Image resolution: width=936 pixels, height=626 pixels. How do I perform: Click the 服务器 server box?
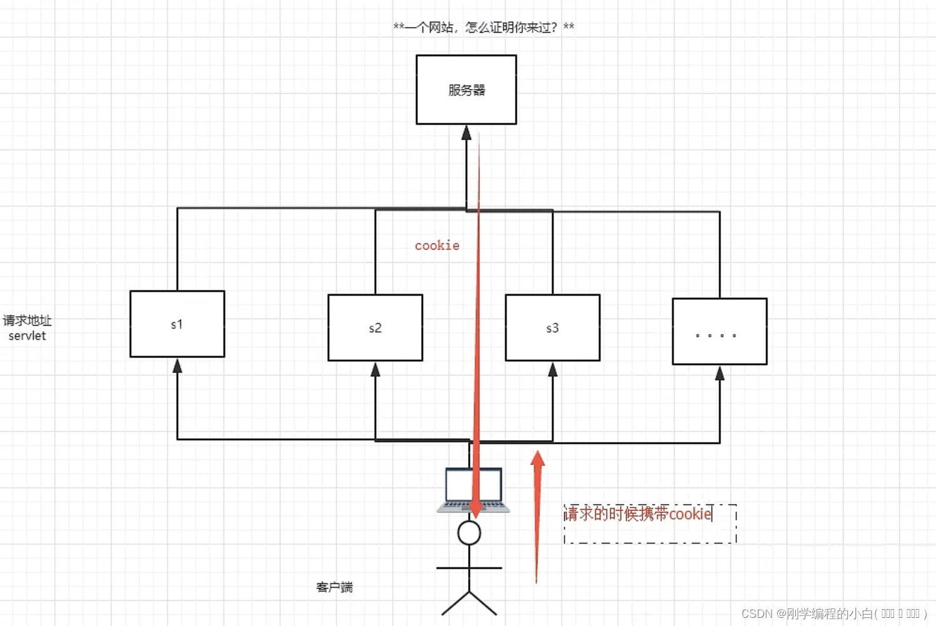(x=466, y=90)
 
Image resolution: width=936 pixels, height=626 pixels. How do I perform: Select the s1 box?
(x=177, y=324)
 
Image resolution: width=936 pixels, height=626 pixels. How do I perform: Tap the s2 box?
(x=375, y=327)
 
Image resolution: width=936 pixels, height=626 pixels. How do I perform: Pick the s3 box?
(x=552, y=327)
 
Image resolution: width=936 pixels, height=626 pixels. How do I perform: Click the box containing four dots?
(x=720, y=332)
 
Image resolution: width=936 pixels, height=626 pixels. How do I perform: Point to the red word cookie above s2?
(x=437, y=245)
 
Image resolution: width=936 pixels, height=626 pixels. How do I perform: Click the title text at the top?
(x=484, y=27)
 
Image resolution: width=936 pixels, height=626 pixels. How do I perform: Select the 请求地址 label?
(x=27, y=321)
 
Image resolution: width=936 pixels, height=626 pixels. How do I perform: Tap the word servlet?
(x=27, y=336)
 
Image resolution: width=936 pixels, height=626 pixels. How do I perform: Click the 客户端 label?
(x=334, y=587)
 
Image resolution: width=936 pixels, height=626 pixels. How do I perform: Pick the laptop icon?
(x=473, y=490)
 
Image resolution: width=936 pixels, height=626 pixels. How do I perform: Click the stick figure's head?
(x=469, y=533)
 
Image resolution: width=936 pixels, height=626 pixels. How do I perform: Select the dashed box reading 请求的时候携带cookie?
(x=650, y=523)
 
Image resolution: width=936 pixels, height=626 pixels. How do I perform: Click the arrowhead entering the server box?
(x=466, y=132)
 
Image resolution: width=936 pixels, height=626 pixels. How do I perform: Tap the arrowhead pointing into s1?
(x=177, y=366)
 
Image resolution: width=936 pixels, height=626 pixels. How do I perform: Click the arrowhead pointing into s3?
(x=552, y=369)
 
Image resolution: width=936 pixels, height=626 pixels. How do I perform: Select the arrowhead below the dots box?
(x=720, y=373)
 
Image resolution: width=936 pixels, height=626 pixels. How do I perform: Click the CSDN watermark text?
(x=834, y=613)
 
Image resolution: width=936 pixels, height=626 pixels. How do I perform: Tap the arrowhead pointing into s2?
(x=375, y=369)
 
